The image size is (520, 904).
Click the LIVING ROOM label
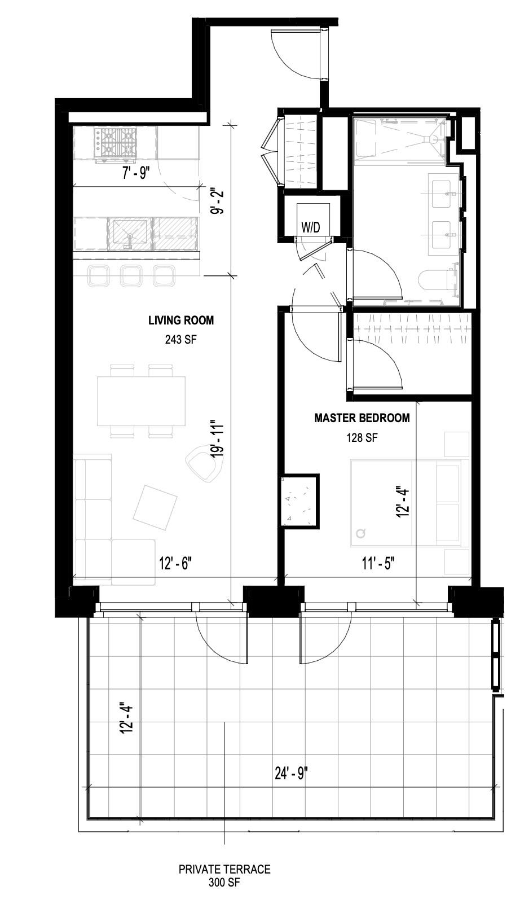pyautogui.click(x=181, y=321)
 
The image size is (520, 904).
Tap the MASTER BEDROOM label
pyautogui.click(x=362, y=418)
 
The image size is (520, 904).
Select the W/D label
pyautogui.click(x=311, y=228)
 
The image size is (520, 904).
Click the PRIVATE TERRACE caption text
pyautogui.click(x=224, y=870)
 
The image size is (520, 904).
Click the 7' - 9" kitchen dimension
pyautogui.click(x=135, y=173)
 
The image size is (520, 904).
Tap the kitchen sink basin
pyautogui.click(x=130, y=234)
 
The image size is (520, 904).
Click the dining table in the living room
pyautogui.click(x=141, y=401)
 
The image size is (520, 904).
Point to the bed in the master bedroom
pyautogui.click(x=409, y=503)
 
